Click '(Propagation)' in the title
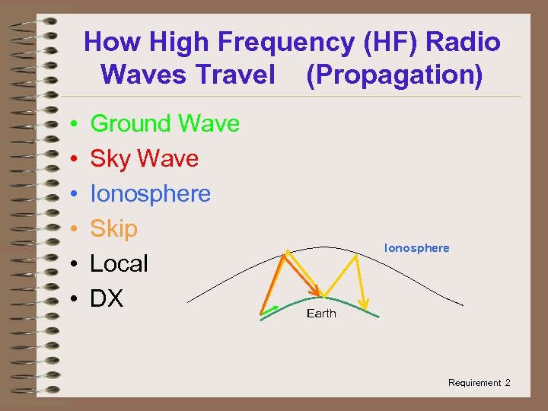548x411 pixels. [x=394, y=75]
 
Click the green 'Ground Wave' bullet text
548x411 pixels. [x=164, y=123]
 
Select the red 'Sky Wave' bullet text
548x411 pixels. [x=144, y=158]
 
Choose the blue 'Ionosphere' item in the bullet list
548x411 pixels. [x=150, y=193]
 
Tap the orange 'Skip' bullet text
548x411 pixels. [x=113, y=228]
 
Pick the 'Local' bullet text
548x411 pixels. [x=119, y=263]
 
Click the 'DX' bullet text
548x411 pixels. [x=107, y=298]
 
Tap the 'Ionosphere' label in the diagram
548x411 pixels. [x=416, y=248]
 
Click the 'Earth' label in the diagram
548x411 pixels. [x=320, y=314]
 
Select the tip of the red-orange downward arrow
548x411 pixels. [x=317, y=294]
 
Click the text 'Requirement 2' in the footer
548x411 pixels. [x=479, y=383]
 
